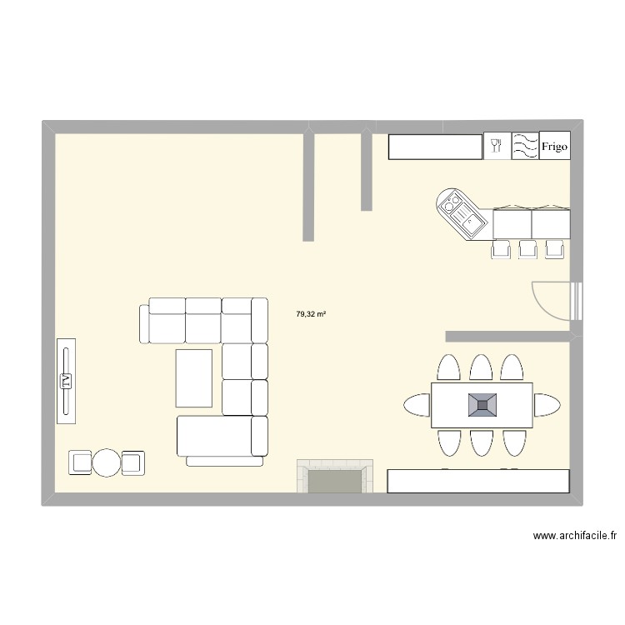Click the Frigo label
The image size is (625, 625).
point(554,147)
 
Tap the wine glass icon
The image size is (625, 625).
point(497,147)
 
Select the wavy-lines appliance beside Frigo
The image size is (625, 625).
point(525,147)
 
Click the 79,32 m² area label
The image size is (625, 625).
point(311,314)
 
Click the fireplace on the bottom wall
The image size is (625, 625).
point(335,479)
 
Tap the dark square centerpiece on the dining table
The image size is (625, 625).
point(482,405)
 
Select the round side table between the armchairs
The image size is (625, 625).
point(107,462)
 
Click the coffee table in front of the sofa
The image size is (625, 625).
point(194,378)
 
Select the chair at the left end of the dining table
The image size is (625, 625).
point(417,405)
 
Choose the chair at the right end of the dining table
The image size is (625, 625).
point(547,405)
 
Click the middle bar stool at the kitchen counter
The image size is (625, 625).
point(527,248)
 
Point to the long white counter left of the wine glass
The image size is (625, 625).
point(436,147)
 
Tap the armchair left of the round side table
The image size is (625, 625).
point(80,462)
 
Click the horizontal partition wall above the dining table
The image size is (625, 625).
point(509,336)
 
